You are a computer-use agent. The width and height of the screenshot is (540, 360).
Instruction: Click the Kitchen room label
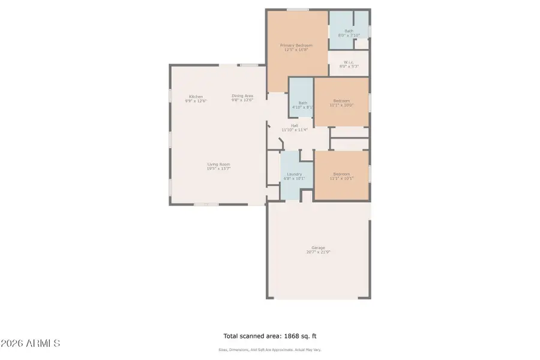point(196,97)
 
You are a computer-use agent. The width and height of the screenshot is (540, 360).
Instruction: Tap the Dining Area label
point(242,96)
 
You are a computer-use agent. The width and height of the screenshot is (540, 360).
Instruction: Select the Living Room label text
point(219,164)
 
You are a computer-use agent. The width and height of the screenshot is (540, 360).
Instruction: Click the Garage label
point(318,248)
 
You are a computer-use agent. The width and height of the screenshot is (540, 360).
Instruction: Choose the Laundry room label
point(294,174)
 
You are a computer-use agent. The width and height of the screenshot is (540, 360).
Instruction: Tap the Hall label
point(295,125)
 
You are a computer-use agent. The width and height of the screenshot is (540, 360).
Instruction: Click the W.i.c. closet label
point(349,62)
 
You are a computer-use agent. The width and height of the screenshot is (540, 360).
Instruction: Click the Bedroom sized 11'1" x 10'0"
point(341,100)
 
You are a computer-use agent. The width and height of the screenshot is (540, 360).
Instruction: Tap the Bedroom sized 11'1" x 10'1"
point(341,174)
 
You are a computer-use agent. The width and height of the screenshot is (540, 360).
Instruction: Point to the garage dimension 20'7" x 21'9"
point(318,252)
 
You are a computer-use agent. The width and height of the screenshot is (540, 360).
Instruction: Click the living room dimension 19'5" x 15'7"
point(219,169)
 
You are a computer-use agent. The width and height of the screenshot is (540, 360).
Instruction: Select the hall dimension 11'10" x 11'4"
point(295,130)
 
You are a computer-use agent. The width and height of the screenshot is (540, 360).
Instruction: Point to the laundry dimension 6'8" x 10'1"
point(294,178)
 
